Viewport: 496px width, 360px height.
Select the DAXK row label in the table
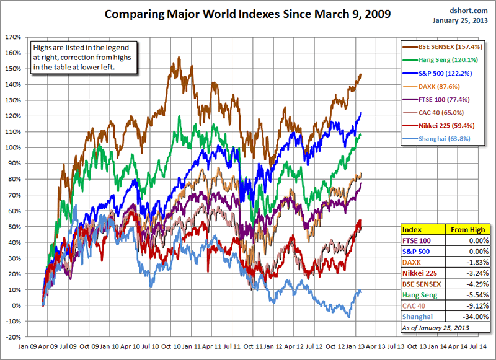point(413,262)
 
